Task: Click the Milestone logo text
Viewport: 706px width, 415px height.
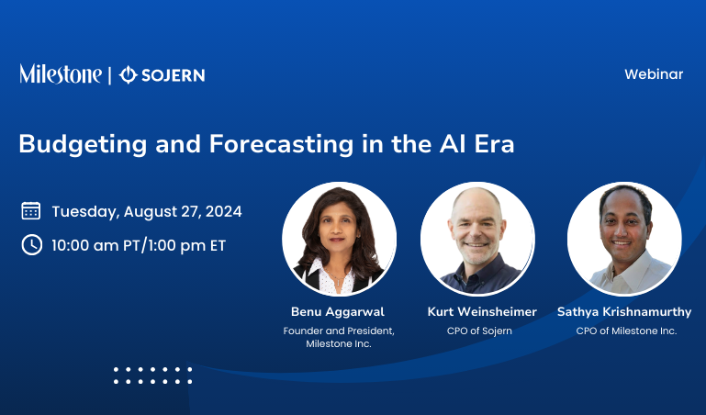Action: (61, 74)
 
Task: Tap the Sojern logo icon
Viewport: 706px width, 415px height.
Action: (129, 74)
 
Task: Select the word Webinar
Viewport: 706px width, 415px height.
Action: (654, 74)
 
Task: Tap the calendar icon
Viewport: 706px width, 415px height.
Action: (31, 211)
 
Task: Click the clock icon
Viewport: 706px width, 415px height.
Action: (31, 245)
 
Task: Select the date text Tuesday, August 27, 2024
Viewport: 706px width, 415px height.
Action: (147, 211)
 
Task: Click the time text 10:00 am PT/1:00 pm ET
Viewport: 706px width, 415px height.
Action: (139, 245)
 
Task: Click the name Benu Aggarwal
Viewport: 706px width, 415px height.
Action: (339, 312)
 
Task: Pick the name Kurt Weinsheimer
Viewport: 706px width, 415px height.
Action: (482, 312)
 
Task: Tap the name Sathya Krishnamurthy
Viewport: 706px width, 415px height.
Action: (624, 312)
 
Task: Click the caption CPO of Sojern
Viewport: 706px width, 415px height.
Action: (479, 331)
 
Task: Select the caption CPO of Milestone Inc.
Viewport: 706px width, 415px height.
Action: (626, 331)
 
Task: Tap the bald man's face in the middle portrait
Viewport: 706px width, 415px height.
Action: (478, 228)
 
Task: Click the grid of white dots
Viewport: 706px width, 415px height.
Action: (152, 375)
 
